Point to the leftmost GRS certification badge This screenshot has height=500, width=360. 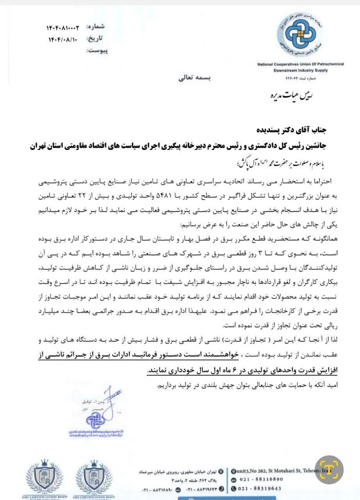45,479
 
